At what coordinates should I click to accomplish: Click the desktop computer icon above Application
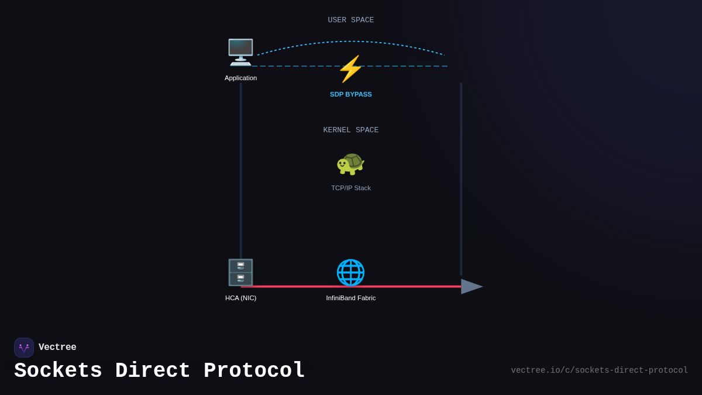coord(240,52)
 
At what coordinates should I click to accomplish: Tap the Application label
coord(240,78)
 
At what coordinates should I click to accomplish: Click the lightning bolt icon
coord(350,69)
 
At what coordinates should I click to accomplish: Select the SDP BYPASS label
coord(350,94)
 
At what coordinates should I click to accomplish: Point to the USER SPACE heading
coord(350,20)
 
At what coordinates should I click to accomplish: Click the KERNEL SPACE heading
coord(350,130)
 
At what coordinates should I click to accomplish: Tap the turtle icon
coord(350,163)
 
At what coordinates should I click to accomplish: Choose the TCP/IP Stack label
coord(350,188)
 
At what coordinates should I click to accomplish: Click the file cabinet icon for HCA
coord(240,272)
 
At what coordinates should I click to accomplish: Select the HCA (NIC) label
coord(240,298)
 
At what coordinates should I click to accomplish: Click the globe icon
coord(350,272)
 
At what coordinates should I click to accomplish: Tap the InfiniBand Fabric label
coord(350,298)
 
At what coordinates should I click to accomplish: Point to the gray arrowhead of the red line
coord(471,286)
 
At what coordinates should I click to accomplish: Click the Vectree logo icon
coord(24,348)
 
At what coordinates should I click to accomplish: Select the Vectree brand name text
coord(57,348)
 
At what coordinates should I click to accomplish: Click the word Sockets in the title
coord(58,371)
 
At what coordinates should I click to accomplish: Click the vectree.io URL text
coord(599,370)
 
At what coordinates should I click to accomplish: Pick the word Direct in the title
coord(153,371)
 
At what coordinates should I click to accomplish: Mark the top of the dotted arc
coord(351,42)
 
